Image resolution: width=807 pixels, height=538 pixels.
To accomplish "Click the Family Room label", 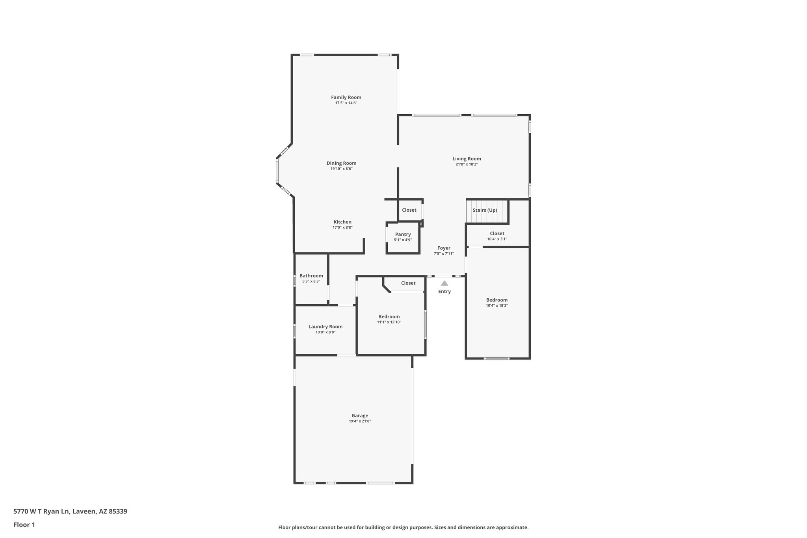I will [x=346, y=97].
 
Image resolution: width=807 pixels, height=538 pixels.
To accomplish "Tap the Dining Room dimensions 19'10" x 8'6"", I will [x=341, y=169].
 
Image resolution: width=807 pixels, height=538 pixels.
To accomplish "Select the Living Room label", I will [x=467, y=159].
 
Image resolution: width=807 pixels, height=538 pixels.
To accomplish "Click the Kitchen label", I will [x=342, y=222].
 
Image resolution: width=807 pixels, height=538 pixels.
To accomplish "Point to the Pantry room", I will [x=403, y=237].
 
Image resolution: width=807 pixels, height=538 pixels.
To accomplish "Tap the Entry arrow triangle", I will [x=444, y=283].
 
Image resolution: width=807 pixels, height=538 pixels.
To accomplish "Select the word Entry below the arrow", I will [x=444, y=292].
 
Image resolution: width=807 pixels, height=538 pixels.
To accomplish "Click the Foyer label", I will [x=444, y=248].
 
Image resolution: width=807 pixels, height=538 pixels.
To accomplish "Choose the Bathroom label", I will [x=311, y=276].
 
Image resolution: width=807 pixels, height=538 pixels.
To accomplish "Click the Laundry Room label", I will [x=325, y=327].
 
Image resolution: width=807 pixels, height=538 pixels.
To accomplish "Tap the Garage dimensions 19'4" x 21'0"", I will [x=360, y=421].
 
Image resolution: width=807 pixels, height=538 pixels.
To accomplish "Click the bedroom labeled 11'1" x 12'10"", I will [x=389, y=319].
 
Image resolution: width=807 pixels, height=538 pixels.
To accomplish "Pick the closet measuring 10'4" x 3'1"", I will [x=497, y=236].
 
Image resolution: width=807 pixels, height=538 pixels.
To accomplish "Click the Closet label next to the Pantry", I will [x=409, y=210].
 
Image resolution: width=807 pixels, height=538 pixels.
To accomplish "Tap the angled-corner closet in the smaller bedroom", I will [x=408, y=283].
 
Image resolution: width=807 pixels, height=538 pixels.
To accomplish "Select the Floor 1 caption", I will [x=24, y=525].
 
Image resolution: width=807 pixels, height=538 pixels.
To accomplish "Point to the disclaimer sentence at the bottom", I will [x=403, y=528].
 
